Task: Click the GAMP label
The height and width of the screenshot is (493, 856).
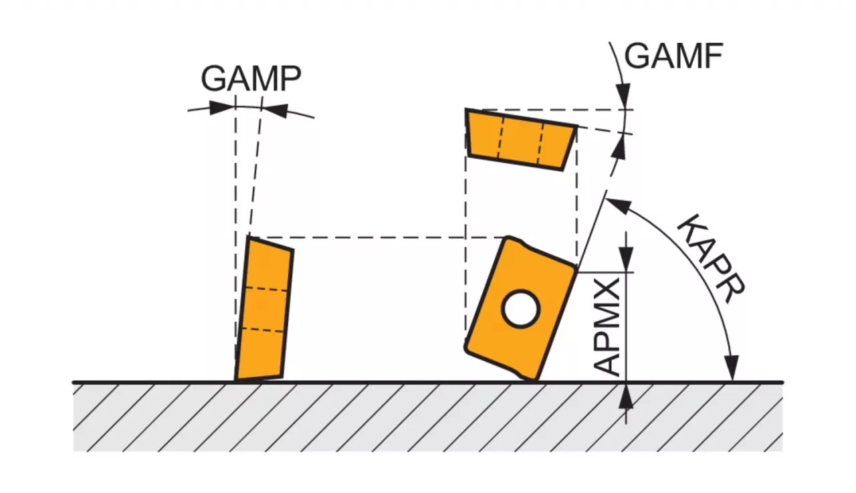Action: click(x=251, y=79)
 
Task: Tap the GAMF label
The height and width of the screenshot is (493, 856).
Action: click(x=673, y=57)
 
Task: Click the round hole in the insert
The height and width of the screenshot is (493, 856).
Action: click(x=521, y=309)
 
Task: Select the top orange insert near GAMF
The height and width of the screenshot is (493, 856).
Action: click(x=521, y=139)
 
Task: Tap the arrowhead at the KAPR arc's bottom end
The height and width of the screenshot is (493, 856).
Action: click(x=732, y=369)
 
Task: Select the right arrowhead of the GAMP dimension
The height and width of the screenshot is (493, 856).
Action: click(x=276, y=110)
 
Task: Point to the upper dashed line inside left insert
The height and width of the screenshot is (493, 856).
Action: click(x=267, y=289)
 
